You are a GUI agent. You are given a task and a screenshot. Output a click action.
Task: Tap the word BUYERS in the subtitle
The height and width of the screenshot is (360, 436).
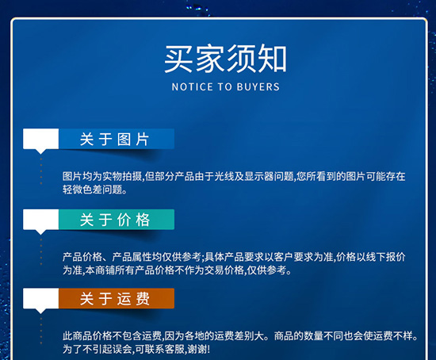[258, 86]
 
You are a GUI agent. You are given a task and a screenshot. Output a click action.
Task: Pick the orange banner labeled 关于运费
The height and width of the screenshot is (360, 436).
[116, 299]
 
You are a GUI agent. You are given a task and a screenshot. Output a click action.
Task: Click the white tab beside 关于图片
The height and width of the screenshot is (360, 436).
[42, 140]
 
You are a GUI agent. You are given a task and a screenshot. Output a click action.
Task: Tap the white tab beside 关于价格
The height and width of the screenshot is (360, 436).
[42, 220]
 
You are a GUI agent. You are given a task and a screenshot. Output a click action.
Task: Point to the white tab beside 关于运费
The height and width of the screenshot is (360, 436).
[42, 300]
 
